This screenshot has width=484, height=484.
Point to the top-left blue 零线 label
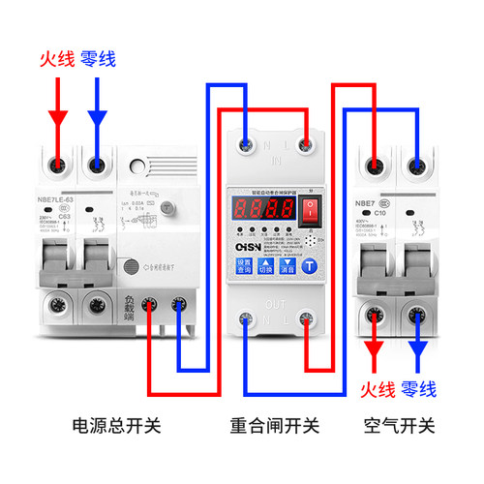[98, 60]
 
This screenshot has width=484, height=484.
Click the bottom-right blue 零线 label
[417, 389]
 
